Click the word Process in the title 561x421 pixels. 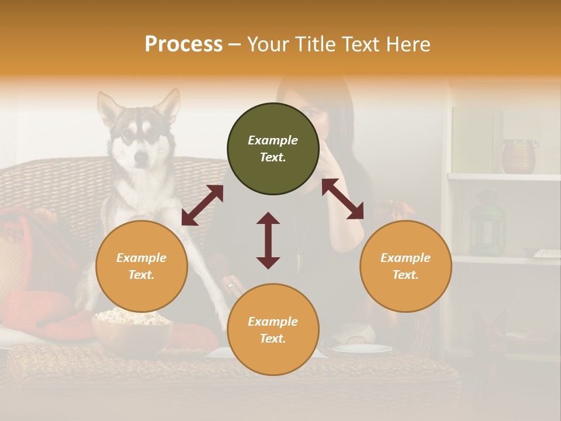(183, 44)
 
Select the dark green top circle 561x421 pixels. (273, 149)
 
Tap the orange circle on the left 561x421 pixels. (141, 267)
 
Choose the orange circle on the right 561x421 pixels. (405, 267)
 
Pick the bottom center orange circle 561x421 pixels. (273, 330)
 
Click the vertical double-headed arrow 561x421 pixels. (268, 240)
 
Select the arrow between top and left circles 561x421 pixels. (202, 205)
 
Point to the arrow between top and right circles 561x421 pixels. (342, 199)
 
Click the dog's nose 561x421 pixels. (140, 157)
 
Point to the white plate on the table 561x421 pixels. (362, 348)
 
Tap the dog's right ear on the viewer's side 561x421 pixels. (169, 105)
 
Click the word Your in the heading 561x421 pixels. (268, 44)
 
